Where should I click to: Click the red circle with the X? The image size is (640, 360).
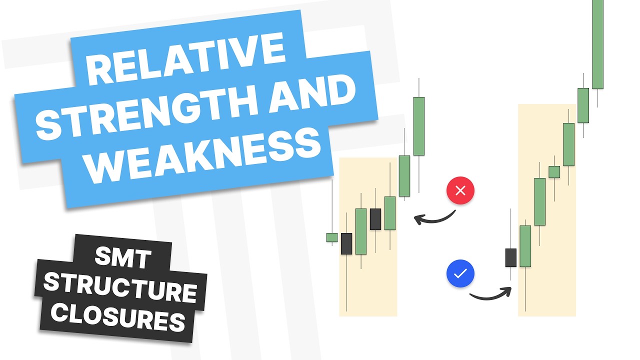tap(460, 190)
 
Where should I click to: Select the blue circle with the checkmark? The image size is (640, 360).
tap(460, 273)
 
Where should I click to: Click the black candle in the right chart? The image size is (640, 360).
tap(510, 257)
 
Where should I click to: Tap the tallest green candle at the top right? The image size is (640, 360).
tap(597, 42)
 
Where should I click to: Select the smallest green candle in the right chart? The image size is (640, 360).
tap(554, 172)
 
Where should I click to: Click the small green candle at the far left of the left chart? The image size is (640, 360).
tap(332, 237)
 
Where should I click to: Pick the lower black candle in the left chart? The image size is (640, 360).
tap(346, 243)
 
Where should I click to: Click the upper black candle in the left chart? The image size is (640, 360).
tap(375, 219)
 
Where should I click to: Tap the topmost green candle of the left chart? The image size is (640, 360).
tap(419, 126)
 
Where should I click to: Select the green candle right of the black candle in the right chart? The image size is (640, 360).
tap(525, 246)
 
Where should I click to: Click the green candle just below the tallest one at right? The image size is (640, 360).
tap(583, 105)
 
